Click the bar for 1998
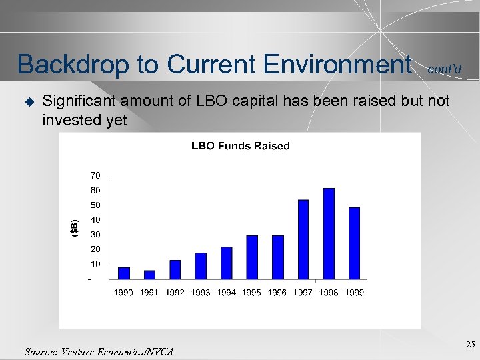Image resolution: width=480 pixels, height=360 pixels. (x=328, y=233)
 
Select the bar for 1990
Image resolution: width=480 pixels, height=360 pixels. (x=123, y=273)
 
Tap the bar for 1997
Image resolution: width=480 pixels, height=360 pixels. (x=303, y=239)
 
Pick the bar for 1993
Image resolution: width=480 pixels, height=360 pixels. (x=201, y=265)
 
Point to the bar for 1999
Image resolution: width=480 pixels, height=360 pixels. (x=354, y=243)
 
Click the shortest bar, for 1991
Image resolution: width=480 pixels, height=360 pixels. (x=149, y=275)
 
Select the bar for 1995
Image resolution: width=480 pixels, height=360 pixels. (x=252, y=257)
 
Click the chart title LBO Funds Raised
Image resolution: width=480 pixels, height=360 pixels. (x=240, y=146)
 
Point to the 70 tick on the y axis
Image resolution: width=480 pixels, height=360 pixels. (x=95, y=175)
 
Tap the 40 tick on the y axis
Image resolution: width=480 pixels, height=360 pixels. (x=95, y=220)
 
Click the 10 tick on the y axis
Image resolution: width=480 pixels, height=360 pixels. (x=95, y=264)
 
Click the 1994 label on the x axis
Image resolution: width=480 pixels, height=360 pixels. (x=226, y=292)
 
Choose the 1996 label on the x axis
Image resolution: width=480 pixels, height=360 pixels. (x=277, y=292)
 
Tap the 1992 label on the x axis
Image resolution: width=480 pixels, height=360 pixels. (x=175, y=292)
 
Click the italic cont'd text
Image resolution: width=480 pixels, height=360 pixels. (x=443, y=69)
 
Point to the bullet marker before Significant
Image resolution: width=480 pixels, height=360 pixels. (x=28, y=101)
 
